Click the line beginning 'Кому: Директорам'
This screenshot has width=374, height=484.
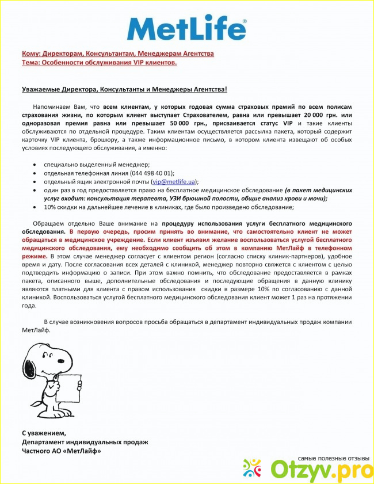117,54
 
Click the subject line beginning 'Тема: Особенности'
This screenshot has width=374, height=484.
99,62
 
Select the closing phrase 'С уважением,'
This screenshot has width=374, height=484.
44,433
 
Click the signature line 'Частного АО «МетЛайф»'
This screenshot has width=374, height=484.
61,451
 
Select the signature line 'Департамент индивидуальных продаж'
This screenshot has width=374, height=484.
85,442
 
